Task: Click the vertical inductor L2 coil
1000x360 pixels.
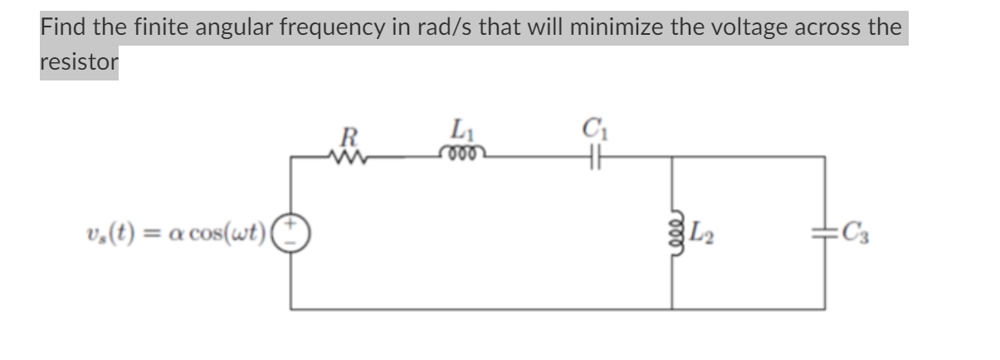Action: pos(671,231)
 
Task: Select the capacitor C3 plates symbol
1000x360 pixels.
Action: pos(826,231)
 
